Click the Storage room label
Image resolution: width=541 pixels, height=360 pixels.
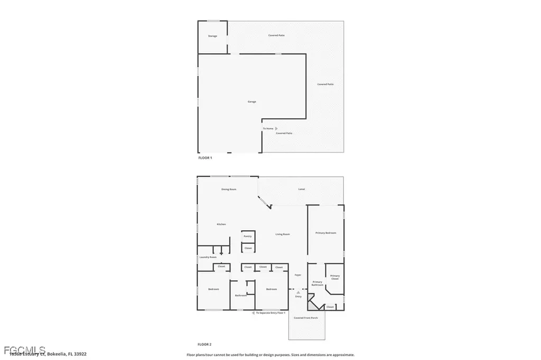[212, 36]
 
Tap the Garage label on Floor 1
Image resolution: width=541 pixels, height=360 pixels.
[252, 101]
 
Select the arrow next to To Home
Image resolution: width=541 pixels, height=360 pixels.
[276, 128]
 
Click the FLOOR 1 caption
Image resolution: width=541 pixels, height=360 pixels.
[204, 158]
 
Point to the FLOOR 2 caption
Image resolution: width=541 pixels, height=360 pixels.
[204, 344]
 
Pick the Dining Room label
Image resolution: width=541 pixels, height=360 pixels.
[228, 189]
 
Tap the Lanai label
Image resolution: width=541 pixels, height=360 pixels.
[302, 189]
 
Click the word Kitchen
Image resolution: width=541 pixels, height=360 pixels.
[221, 224]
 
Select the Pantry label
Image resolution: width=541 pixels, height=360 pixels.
[248, 236]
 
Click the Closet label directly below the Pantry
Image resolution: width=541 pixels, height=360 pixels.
[248, 248]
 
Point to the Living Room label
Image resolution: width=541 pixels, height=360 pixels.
[283, 234]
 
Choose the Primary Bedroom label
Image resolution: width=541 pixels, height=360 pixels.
[325, 233]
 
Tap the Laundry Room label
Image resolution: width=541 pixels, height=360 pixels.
[208, 257]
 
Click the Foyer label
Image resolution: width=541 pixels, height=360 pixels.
[298, 275]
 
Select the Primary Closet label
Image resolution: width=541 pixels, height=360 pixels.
[335, 277]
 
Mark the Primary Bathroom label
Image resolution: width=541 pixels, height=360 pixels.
[317, 283]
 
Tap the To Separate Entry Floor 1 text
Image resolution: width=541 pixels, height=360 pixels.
[270, 313]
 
